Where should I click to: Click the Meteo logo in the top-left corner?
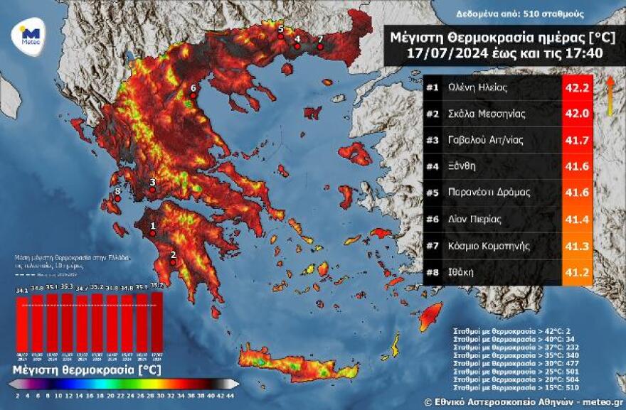pos(30,34)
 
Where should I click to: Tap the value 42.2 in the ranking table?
pos(577,89)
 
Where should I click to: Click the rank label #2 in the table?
pos(432,114)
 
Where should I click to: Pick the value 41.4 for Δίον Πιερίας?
pos(577,219)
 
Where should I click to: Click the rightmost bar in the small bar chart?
pos(157,320)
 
